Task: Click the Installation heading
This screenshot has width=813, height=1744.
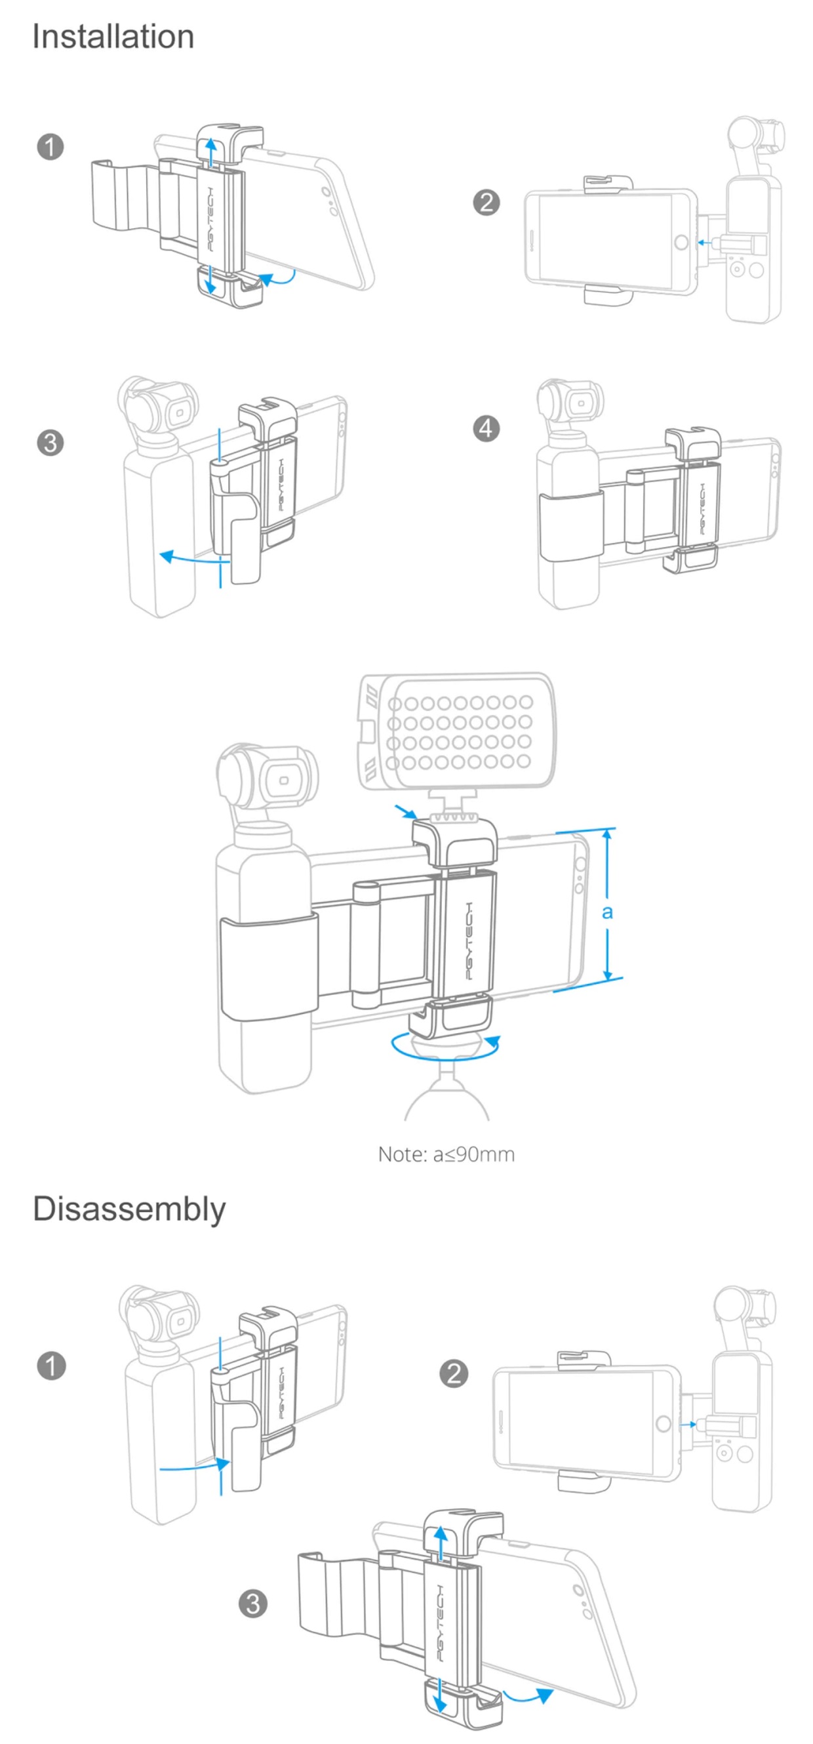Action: (x=113, y=37)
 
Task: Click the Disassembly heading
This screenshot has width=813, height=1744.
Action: (x=129, y=1209)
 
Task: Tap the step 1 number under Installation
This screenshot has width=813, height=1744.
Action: (x=50, y=147)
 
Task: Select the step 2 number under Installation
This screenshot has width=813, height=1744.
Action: (x=486, y=203)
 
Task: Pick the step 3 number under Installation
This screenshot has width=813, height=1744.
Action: (x=50, y=443)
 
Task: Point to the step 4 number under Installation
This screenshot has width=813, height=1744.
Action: (x=486, y=428)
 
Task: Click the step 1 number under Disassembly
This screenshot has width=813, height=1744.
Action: (x=50, y=1366)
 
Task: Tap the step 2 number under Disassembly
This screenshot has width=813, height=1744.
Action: (x=454, y=1373)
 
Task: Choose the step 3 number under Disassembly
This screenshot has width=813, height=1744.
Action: (x=253, y=1603)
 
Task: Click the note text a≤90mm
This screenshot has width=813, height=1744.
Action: (x=446, y=1154)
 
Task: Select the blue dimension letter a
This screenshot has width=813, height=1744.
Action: (x=607, y=912)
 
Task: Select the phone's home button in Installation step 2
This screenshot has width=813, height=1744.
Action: (x=681, y=242)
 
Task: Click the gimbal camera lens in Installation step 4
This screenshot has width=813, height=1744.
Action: (x=582, y=403)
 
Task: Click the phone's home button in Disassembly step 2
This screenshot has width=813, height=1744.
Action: (x=664, y=1423)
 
